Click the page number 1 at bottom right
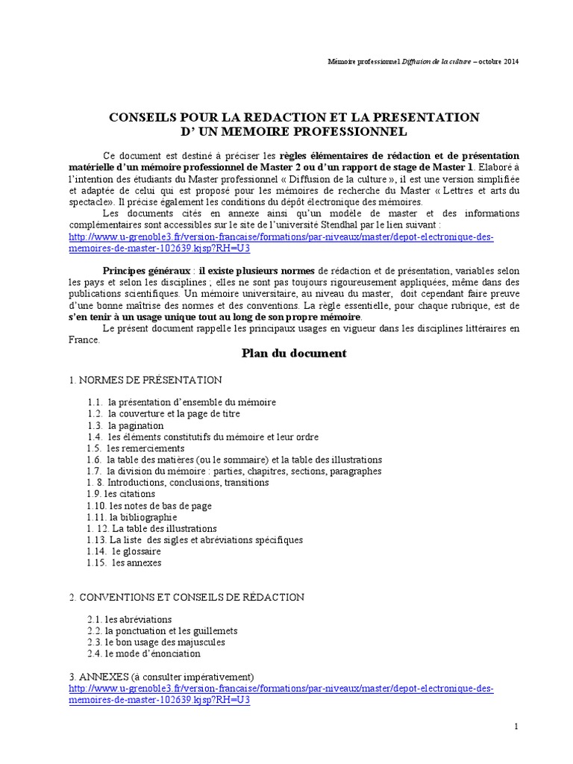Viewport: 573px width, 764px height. [x=516, y=726]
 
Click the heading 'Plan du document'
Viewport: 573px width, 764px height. [x=294, y=354]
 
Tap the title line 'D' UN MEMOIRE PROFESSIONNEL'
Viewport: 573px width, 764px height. [x=294, y=132]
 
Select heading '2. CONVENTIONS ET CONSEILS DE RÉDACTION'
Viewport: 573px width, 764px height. [x=187, y=597]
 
